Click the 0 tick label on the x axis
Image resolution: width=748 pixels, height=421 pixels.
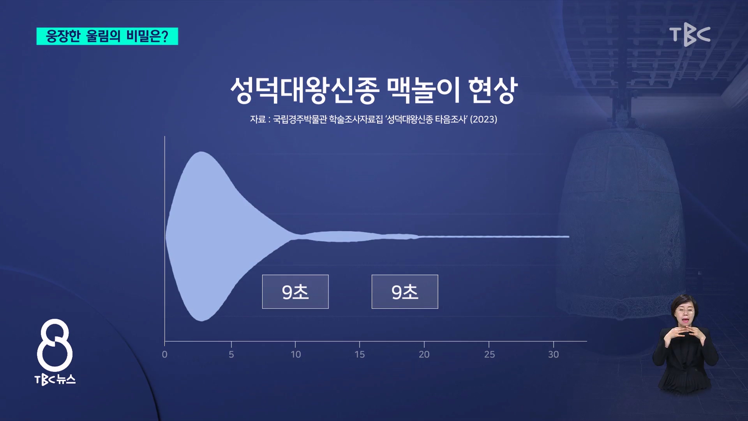(x=165, y=354)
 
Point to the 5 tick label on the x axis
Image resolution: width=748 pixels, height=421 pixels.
(x=231, y=354)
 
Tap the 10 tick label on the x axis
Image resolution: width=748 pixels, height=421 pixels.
(x=296, y=354)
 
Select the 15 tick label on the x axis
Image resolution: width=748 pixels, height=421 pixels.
(x=360, y=354)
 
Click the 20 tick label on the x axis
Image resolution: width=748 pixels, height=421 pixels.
(x=424, y=354)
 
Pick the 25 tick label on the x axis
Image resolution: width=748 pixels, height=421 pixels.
(x=489, y=354)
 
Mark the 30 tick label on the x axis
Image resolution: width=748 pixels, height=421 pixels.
(x=554, y=354)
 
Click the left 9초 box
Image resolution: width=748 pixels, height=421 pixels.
(x=295, y=292)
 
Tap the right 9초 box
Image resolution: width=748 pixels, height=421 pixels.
(x=405, y=292)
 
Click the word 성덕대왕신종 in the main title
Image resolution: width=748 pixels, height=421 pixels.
(x=305, y=90)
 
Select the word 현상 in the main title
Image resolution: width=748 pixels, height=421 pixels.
(x=493, y=90)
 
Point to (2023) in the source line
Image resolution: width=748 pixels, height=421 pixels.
(x=483, y=119)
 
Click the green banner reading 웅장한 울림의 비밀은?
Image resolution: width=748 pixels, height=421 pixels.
(x=107, y=36)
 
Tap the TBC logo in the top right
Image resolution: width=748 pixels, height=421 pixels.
(x=690, y=36)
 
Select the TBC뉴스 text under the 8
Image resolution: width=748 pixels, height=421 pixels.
(x=55, y=380)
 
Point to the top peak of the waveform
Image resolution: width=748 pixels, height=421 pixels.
(x=201, y=152)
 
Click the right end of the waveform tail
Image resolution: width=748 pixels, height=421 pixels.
(x=569, y=237)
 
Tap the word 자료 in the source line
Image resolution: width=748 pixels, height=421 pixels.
(x=258, y=119)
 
